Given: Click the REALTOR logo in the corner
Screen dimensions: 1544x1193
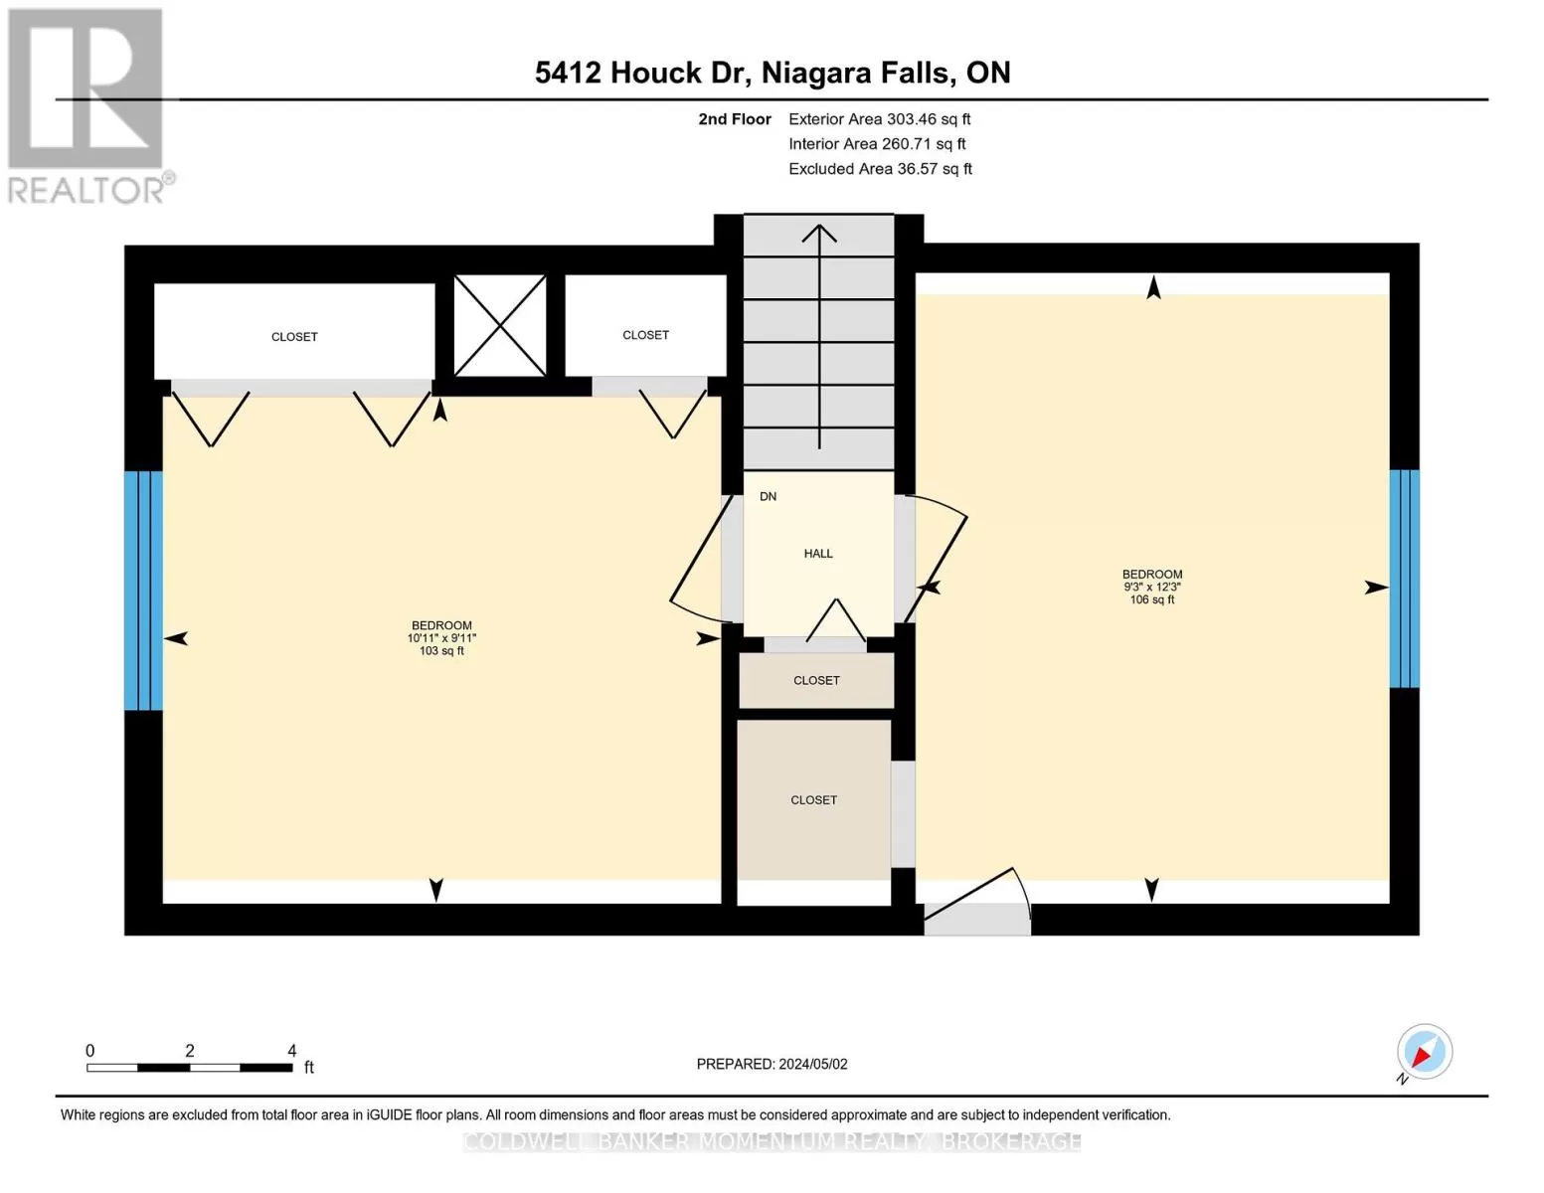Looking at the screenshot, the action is (x=89, y=106).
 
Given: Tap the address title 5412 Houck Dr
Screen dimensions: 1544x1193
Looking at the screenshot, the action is (x=642, y=74).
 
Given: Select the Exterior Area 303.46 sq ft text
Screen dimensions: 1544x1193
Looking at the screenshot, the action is (x=879, y=119).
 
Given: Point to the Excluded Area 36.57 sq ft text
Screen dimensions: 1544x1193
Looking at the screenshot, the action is (x=880, y=169).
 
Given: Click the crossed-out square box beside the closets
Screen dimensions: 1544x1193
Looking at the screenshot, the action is (x=499, y=325).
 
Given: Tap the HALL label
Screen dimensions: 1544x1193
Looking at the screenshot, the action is (x=818, y=554).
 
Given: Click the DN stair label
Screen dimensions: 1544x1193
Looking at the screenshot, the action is (x=768, y=497).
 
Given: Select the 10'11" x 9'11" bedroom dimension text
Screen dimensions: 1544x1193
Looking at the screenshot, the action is (x=441, y=638).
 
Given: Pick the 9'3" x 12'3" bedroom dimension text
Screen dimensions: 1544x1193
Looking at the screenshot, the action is (x=1151, y=587).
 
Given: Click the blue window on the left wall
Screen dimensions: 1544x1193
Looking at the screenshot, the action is (x=143, y=591).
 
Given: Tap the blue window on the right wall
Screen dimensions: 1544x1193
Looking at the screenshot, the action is (x=1404, y=579).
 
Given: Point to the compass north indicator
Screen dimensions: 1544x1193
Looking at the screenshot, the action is (x=1424, y=1053).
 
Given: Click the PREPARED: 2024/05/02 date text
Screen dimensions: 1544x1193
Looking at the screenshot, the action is (x=772, y=1064).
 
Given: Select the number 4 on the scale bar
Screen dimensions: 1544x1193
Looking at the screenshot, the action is (x=291, y=1050).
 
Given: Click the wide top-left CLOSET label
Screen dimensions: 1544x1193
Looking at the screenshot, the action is (x=294, y=337).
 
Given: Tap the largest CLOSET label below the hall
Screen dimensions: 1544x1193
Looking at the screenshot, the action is (x=813, y=800).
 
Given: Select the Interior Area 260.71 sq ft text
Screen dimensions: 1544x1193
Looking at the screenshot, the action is (x=877, y=144).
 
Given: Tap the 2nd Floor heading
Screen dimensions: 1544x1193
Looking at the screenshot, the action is (x=735, y=119).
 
